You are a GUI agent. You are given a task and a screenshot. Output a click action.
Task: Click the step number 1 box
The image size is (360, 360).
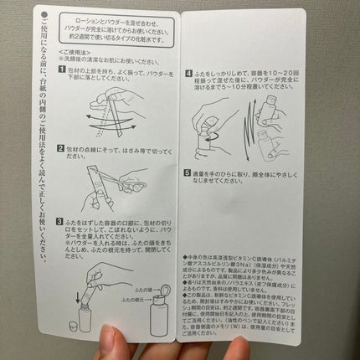62,70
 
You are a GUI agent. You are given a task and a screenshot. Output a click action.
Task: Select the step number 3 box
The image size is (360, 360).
62,222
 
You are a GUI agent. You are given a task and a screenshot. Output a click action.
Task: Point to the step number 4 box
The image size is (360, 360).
189,74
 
